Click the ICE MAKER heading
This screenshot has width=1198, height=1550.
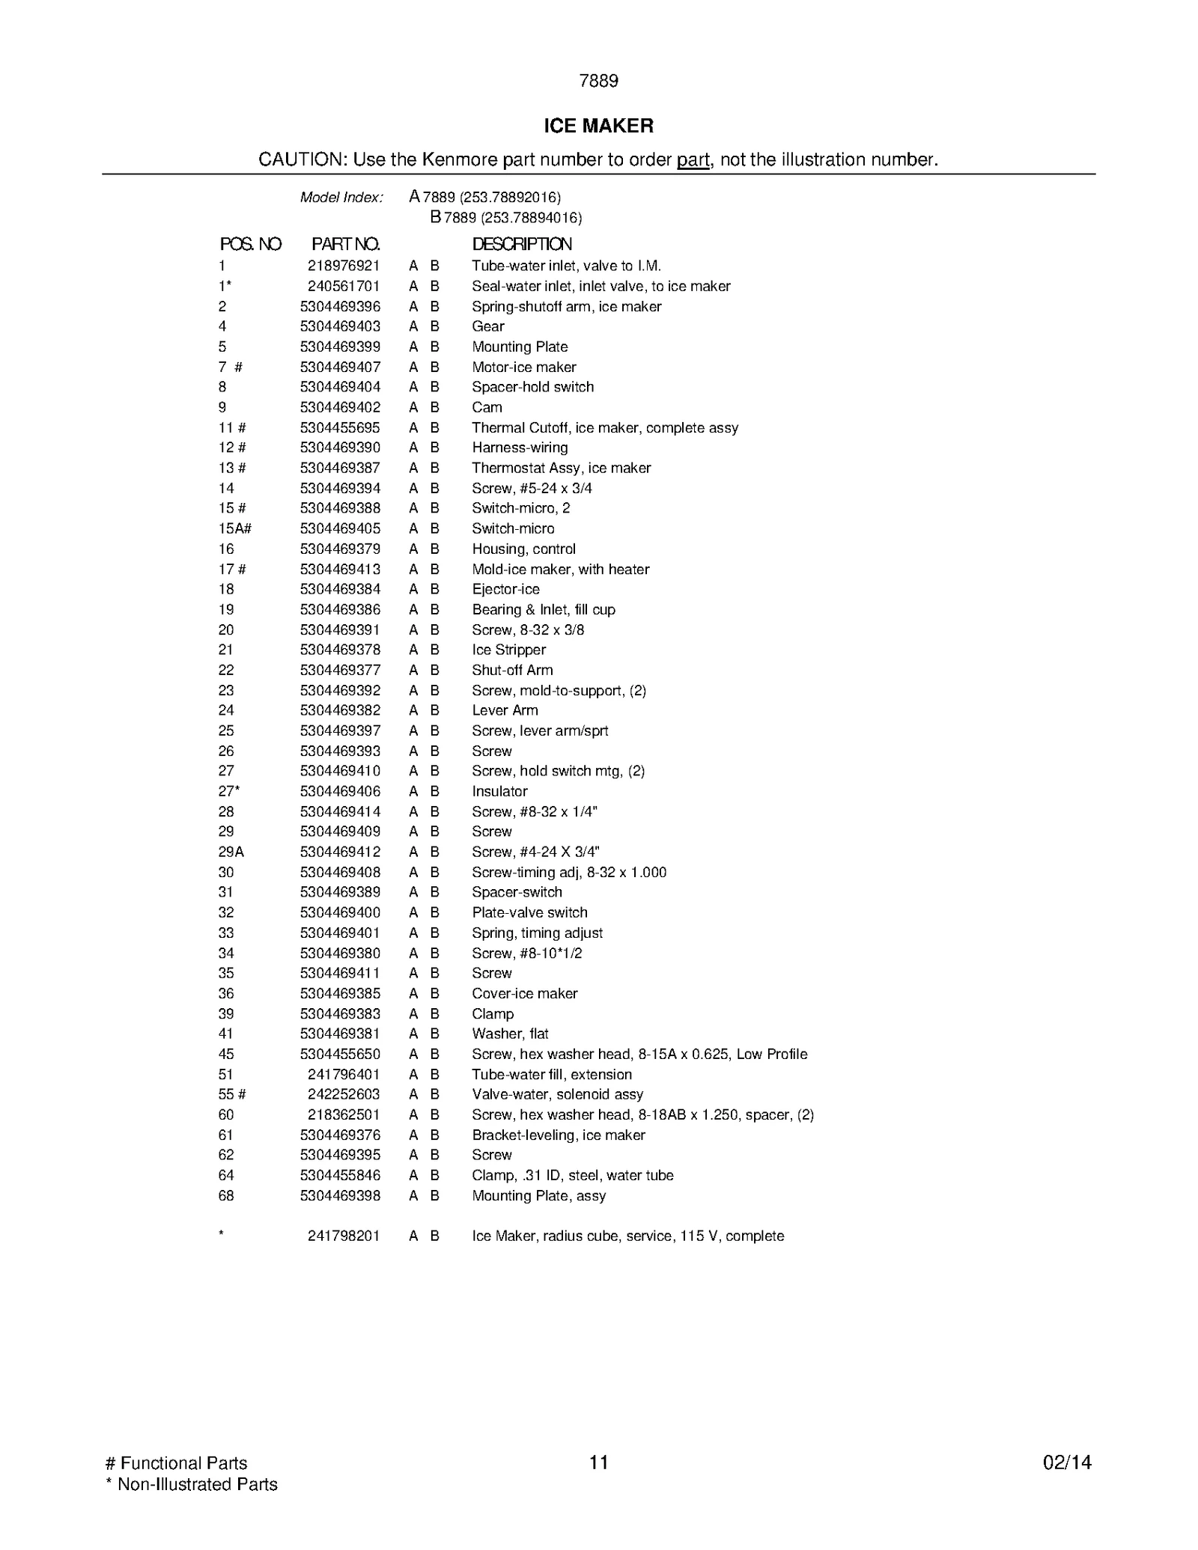(x=598, y=126)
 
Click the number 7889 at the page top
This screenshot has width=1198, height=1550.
(x=598, y=81)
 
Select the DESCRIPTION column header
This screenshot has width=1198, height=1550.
(x=522, y=244)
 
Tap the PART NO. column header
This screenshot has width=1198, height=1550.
(x=345, y=244)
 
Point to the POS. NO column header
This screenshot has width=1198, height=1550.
(x=250, y=244)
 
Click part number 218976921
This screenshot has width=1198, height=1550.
(x=344, y=266)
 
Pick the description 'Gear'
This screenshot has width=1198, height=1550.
(x=488, y=326)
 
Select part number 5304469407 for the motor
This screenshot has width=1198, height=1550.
(x=340, y=367)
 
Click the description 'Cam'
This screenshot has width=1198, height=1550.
(x=487, y=407)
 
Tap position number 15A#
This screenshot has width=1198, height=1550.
(x=234, y=528)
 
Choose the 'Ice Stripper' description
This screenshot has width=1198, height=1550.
(x=508, y=650)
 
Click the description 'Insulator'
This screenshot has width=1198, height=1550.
(x=499, y=791)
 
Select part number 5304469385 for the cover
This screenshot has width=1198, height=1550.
(x=340, y=993)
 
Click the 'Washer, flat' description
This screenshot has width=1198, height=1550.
(x=510, y=1034)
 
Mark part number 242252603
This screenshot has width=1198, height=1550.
(x=344, y=1094)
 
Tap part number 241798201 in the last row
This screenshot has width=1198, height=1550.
(x=344, y=1236)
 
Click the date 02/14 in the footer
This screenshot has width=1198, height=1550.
(x=1067, y=1462)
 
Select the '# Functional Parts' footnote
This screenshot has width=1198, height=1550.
(x=177, y=1463)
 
